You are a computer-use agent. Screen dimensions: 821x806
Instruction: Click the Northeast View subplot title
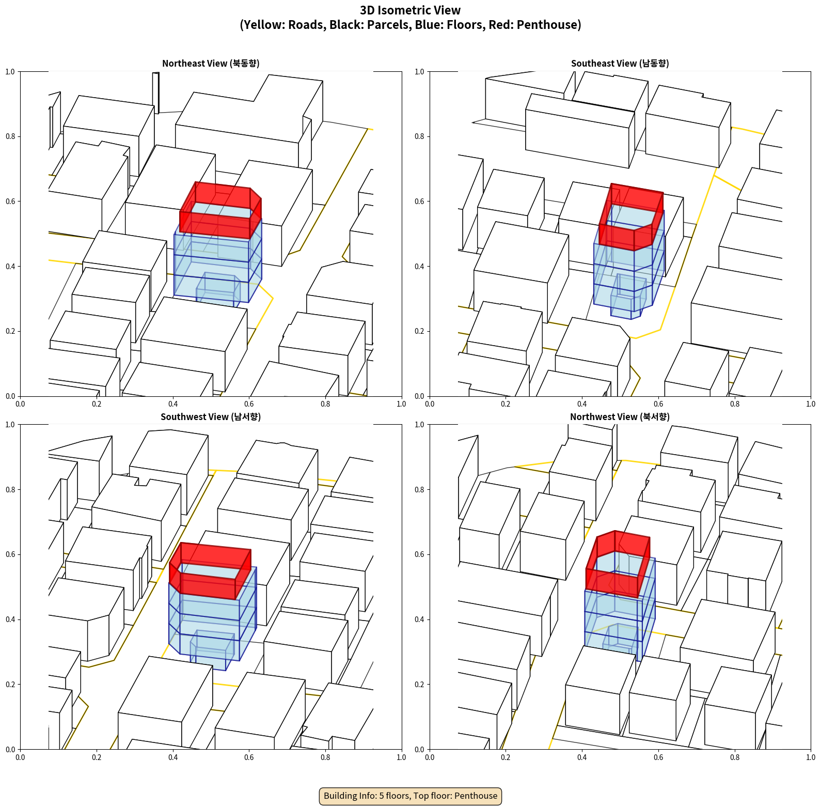pos(211,63)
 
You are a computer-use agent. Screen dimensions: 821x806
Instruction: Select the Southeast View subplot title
pos(620,63)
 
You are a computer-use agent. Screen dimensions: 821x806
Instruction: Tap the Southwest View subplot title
pos(211,416)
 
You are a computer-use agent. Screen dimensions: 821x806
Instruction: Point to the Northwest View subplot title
pos(620,416)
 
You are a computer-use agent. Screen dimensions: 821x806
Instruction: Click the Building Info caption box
pos(410,796)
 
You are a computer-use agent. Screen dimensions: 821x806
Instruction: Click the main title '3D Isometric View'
pos(410,10)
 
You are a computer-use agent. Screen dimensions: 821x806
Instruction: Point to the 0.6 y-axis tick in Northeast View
pos(10,202)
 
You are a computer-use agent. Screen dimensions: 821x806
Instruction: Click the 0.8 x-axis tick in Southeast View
pos(735,404)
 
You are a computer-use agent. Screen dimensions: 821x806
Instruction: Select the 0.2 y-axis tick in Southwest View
pos(10,685)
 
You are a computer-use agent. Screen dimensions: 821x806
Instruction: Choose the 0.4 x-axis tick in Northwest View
pos(582,757)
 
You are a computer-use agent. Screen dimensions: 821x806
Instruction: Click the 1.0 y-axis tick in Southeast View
pos(420,72)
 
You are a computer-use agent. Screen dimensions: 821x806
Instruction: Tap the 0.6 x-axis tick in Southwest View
pos(249,757)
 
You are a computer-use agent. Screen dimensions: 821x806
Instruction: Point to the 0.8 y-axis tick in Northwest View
pos(420,490)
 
